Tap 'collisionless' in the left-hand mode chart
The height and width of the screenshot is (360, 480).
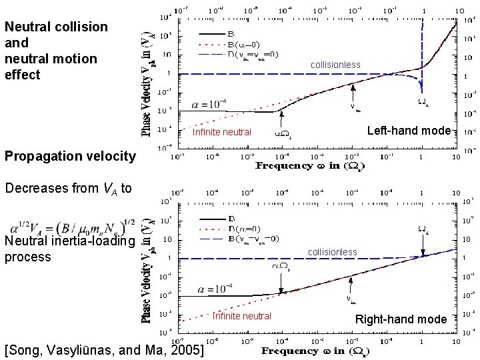click(x=336, y=65)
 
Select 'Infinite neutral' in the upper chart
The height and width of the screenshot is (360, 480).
click(x=222, y=132)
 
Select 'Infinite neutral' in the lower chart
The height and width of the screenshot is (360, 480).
click(x=241, y=316)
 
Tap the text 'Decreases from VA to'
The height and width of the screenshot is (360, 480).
click(x=66, y=188)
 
